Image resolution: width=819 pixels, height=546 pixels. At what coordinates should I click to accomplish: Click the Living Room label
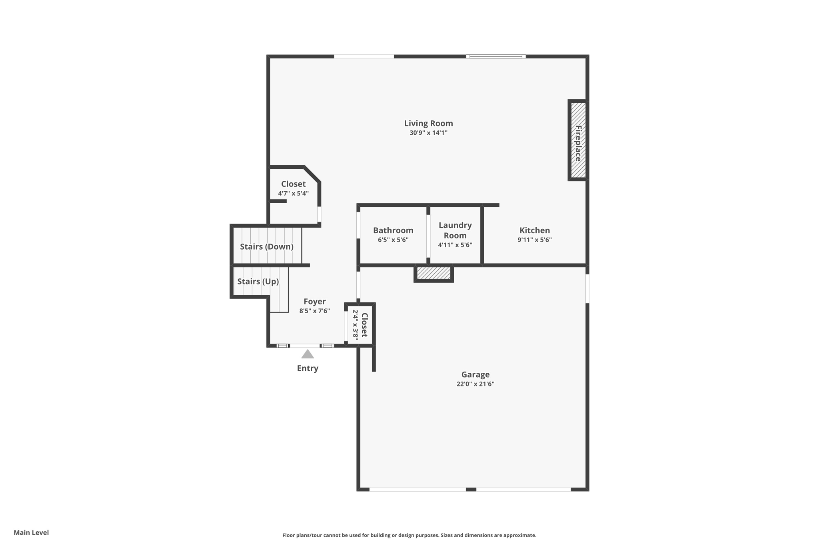[x=428, y=123]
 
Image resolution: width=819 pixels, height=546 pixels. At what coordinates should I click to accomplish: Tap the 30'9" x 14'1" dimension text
[x=428, y=133]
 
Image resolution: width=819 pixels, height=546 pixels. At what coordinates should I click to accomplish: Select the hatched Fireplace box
[x=578, y=140]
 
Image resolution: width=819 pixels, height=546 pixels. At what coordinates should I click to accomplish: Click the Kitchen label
[x=534, y=230]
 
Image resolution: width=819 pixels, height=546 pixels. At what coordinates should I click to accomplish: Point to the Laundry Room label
[x=455, y=230]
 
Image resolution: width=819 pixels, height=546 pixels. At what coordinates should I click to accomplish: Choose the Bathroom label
[x=393, y=230]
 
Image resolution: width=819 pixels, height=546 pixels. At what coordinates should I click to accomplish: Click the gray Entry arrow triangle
[x=308, y=354]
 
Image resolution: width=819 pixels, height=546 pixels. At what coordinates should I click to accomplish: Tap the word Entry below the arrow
[x=308, y=368]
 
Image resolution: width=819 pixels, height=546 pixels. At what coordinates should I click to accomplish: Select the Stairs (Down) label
[x=267, y=247]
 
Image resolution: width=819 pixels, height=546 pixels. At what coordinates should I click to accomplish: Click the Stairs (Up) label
[x=258, y=282]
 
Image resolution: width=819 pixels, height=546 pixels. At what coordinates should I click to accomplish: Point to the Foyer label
[x=315, y=302]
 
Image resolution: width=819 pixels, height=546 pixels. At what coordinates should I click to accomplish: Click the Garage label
[x=475, y=374]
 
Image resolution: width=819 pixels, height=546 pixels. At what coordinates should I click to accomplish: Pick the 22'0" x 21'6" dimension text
[x=475, y=384]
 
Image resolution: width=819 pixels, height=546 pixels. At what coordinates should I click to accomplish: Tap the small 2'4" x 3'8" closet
[x=360, y=324]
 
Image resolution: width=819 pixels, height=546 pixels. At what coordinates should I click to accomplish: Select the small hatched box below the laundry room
[x=434, y=273]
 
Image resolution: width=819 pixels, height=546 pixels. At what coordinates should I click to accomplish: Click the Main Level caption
[x=31, y=532]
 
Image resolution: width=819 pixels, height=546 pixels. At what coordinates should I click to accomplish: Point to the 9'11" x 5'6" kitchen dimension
[x=534, y=240]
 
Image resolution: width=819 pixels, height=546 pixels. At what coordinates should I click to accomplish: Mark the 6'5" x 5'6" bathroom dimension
[x=393, y=240]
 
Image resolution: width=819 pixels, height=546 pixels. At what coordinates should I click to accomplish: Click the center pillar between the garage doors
[x=471, y=489]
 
